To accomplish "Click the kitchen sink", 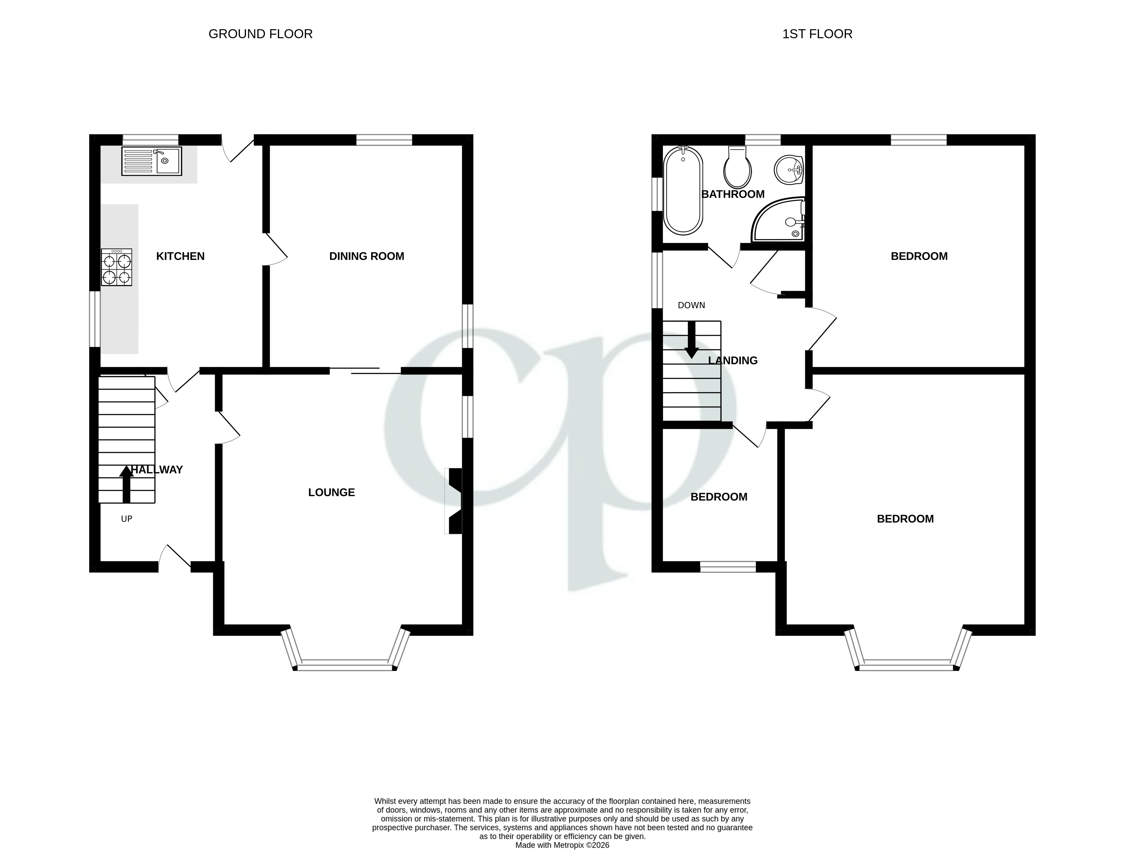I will coord(151,161).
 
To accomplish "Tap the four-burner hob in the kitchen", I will coord(116,267).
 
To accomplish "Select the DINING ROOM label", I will coord(366,256).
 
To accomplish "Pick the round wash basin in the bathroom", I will coord(788,169).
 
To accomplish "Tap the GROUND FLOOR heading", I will coord(260,34).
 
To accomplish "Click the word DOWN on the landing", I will coord(691,305).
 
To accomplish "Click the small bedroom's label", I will coord(719,497).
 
